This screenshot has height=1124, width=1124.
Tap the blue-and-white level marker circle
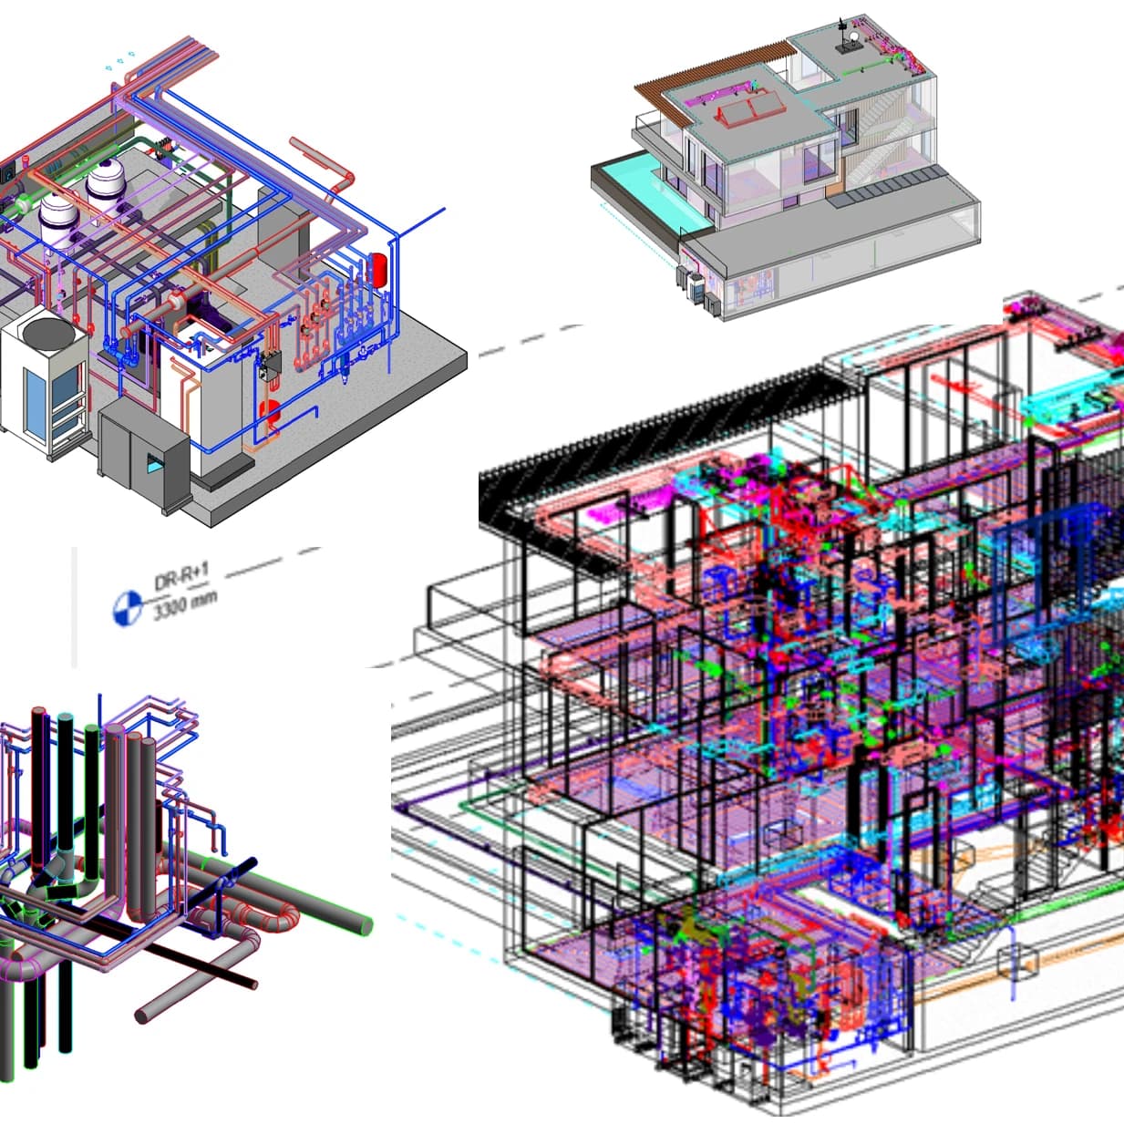pyautogui.click(x=127, y=608)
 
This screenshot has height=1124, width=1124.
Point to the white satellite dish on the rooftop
pyautogui.click(x=854, y=36)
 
